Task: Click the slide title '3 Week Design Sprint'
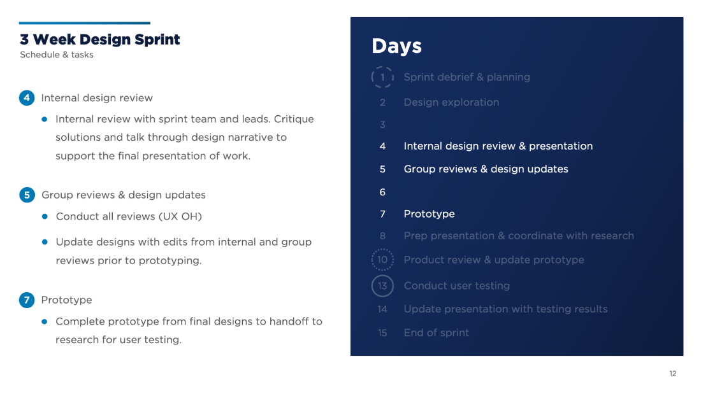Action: pyautogui.click(x=99, y=39)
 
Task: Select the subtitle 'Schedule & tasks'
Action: pyautogui.click(x=57, y=55)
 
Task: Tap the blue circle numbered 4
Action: pyautogui.click(x=27, y=98)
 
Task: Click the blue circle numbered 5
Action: pyautogui.click(x=27, y=195)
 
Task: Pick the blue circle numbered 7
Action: pyautogui.click(x=27, y=300)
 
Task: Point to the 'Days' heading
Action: pyautogui.click(x=396, y=46)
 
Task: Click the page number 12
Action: pyautogui.click(x=673, y=374)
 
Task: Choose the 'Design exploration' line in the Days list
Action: pyautogui.click(x=452, y=102)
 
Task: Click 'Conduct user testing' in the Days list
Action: pyautogui.click(x=456, y=286)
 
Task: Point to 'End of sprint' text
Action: pyautogui.click(x=437, y=333)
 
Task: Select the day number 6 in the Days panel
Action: pyautogui.click(x=382, y=192)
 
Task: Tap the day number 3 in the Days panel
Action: pyautogui.click(x=382, y=125)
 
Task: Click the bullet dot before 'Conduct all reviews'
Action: pyautogui.click(x=45, y=216)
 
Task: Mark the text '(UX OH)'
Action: pyautogui.click(x=180, y=216)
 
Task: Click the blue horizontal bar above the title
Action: pyautogui.click(x=85, y=23)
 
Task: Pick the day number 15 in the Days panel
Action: pyautogui.click(x=382, y=333)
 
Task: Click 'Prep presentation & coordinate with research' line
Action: pyautogui.click(x=519, y=236)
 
